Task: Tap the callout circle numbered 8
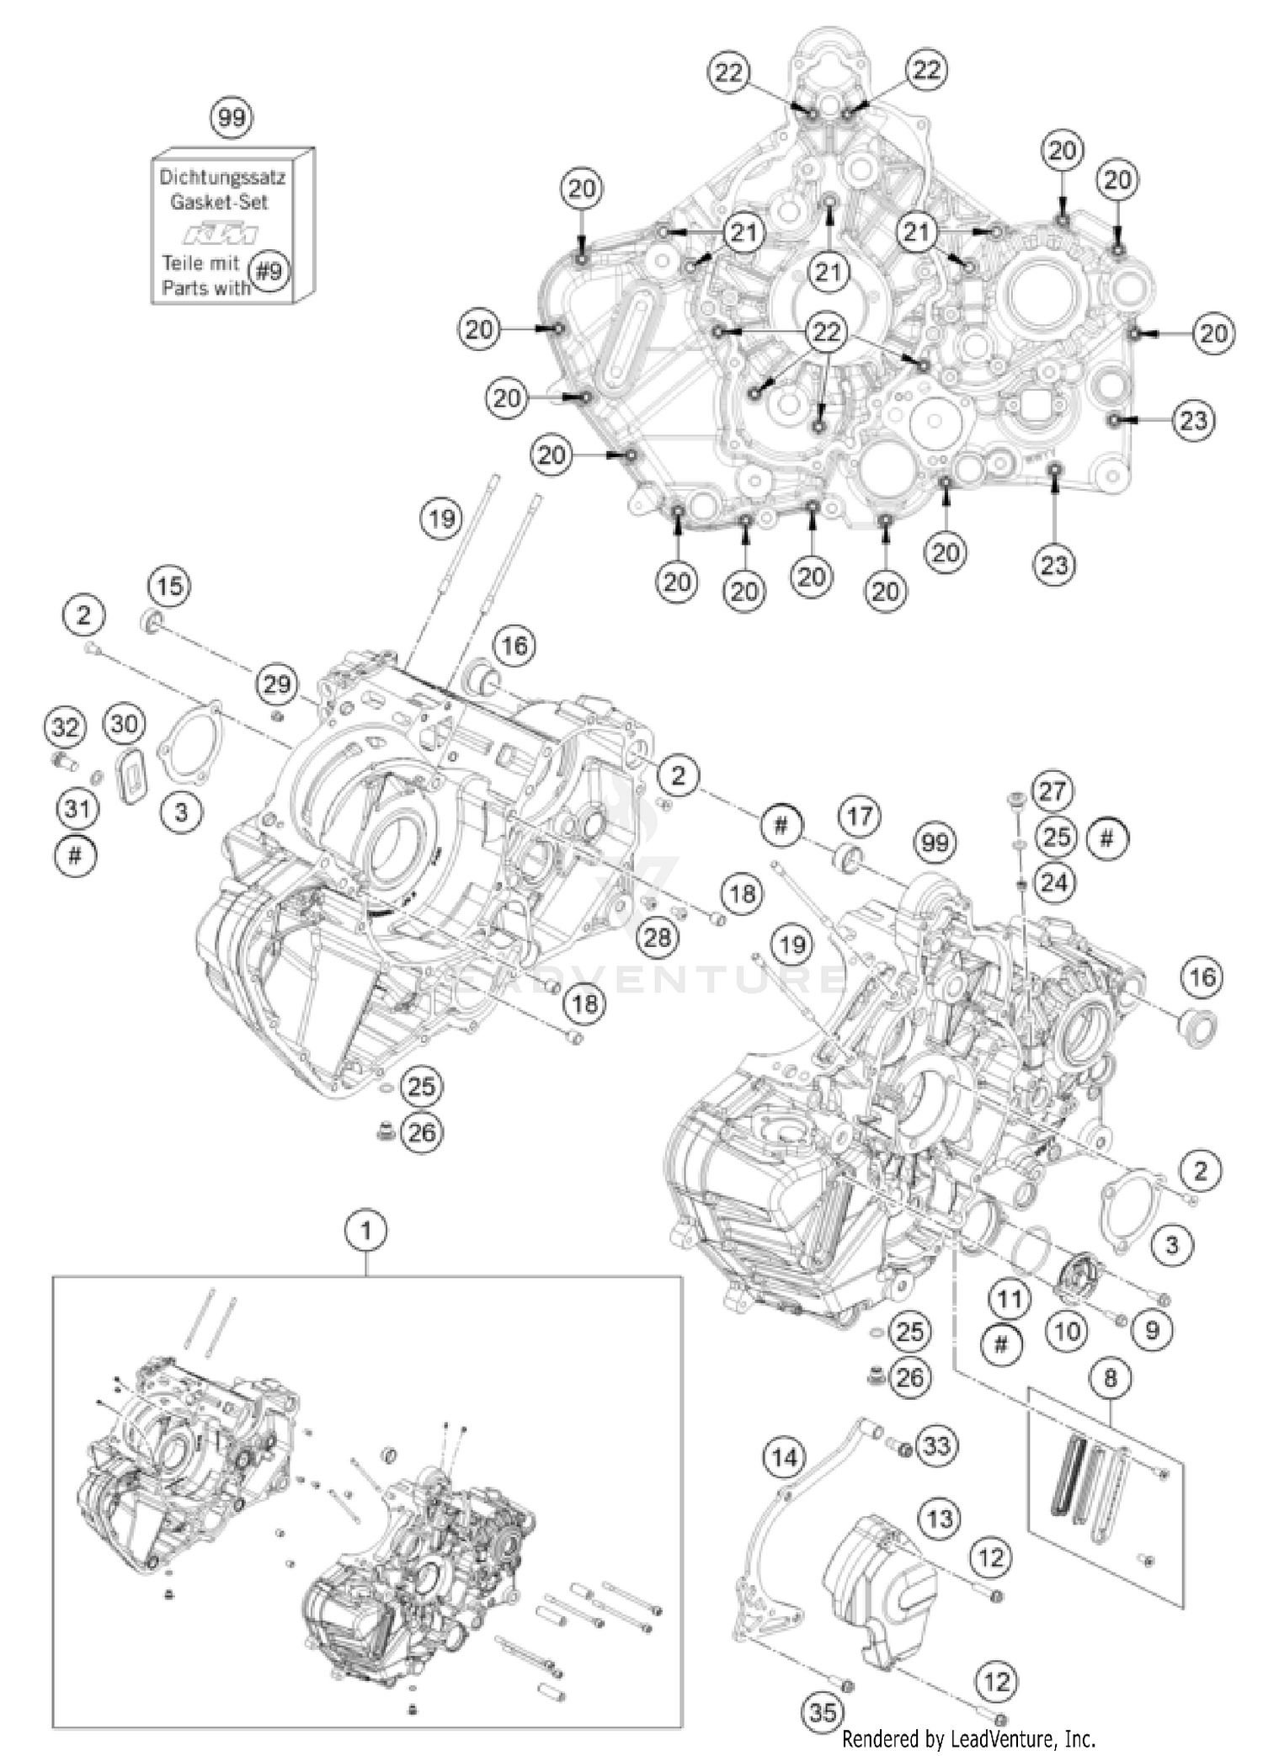[x=1110, y=1378]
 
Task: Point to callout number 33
[x=935, y=1446]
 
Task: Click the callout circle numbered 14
[x=784, y=1457]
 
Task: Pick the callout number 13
[x=939, y=1518]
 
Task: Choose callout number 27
[x=1052, y=790]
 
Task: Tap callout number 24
[x=1053, y=882]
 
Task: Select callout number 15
[x=169, y=586]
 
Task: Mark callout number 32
[x=65, y=726]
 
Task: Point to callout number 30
[x=124, y=723]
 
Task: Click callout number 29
[x=276, y=684]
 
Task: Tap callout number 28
[x=656, y=936]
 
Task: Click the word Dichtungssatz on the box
[x=222, y=178]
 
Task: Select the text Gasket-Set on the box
[x=219, y=202]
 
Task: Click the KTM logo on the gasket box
[x=221, y=233]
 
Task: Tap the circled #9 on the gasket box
[x=270, y=271]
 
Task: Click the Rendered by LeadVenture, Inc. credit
[x=968, y=1737]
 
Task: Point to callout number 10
[x=1067, y=1331]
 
